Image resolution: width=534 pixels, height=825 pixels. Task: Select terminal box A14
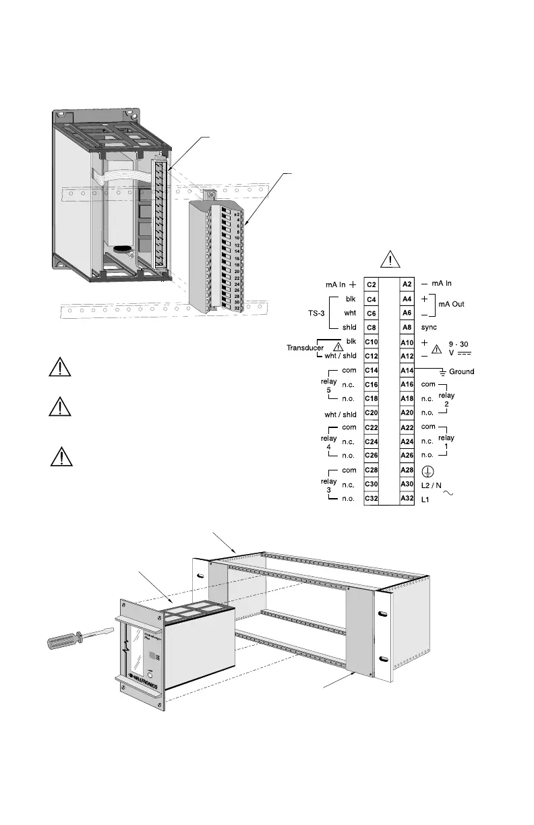pos(407,371)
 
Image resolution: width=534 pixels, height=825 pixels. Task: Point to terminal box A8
pos(407,328)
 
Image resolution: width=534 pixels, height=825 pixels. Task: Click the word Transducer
pos(301,348)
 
